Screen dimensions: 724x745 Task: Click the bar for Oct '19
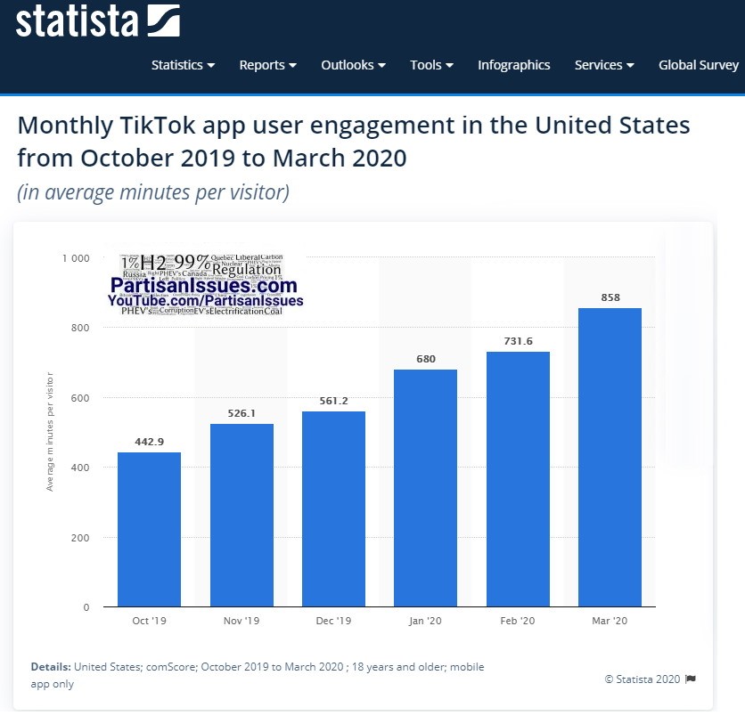[x=149, y=529]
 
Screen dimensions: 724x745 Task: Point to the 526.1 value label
[x=242, y=413]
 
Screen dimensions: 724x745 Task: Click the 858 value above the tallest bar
[x=610, y=297]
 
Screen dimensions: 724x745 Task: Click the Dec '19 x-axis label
[x=333, y=621]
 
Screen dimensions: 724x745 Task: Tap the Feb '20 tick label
[x=518, y=621]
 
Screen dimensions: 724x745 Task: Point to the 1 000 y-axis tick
[x=76, y=258]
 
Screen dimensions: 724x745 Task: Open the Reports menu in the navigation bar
[x=267, y=65]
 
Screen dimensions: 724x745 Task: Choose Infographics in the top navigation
[x=513, y=65]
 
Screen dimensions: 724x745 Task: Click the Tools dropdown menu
[x=431, y=65]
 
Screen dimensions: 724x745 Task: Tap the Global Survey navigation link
[x=699, y=65]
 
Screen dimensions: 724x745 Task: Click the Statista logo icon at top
[x=161, y=20]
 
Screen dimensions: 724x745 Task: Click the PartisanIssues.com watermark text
[x=204, y=286]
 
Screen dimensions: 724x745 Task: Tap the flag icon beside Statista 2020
[x=691, y=679]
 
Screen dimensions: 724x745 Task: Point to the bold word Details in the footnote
[x=51, y=667]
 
